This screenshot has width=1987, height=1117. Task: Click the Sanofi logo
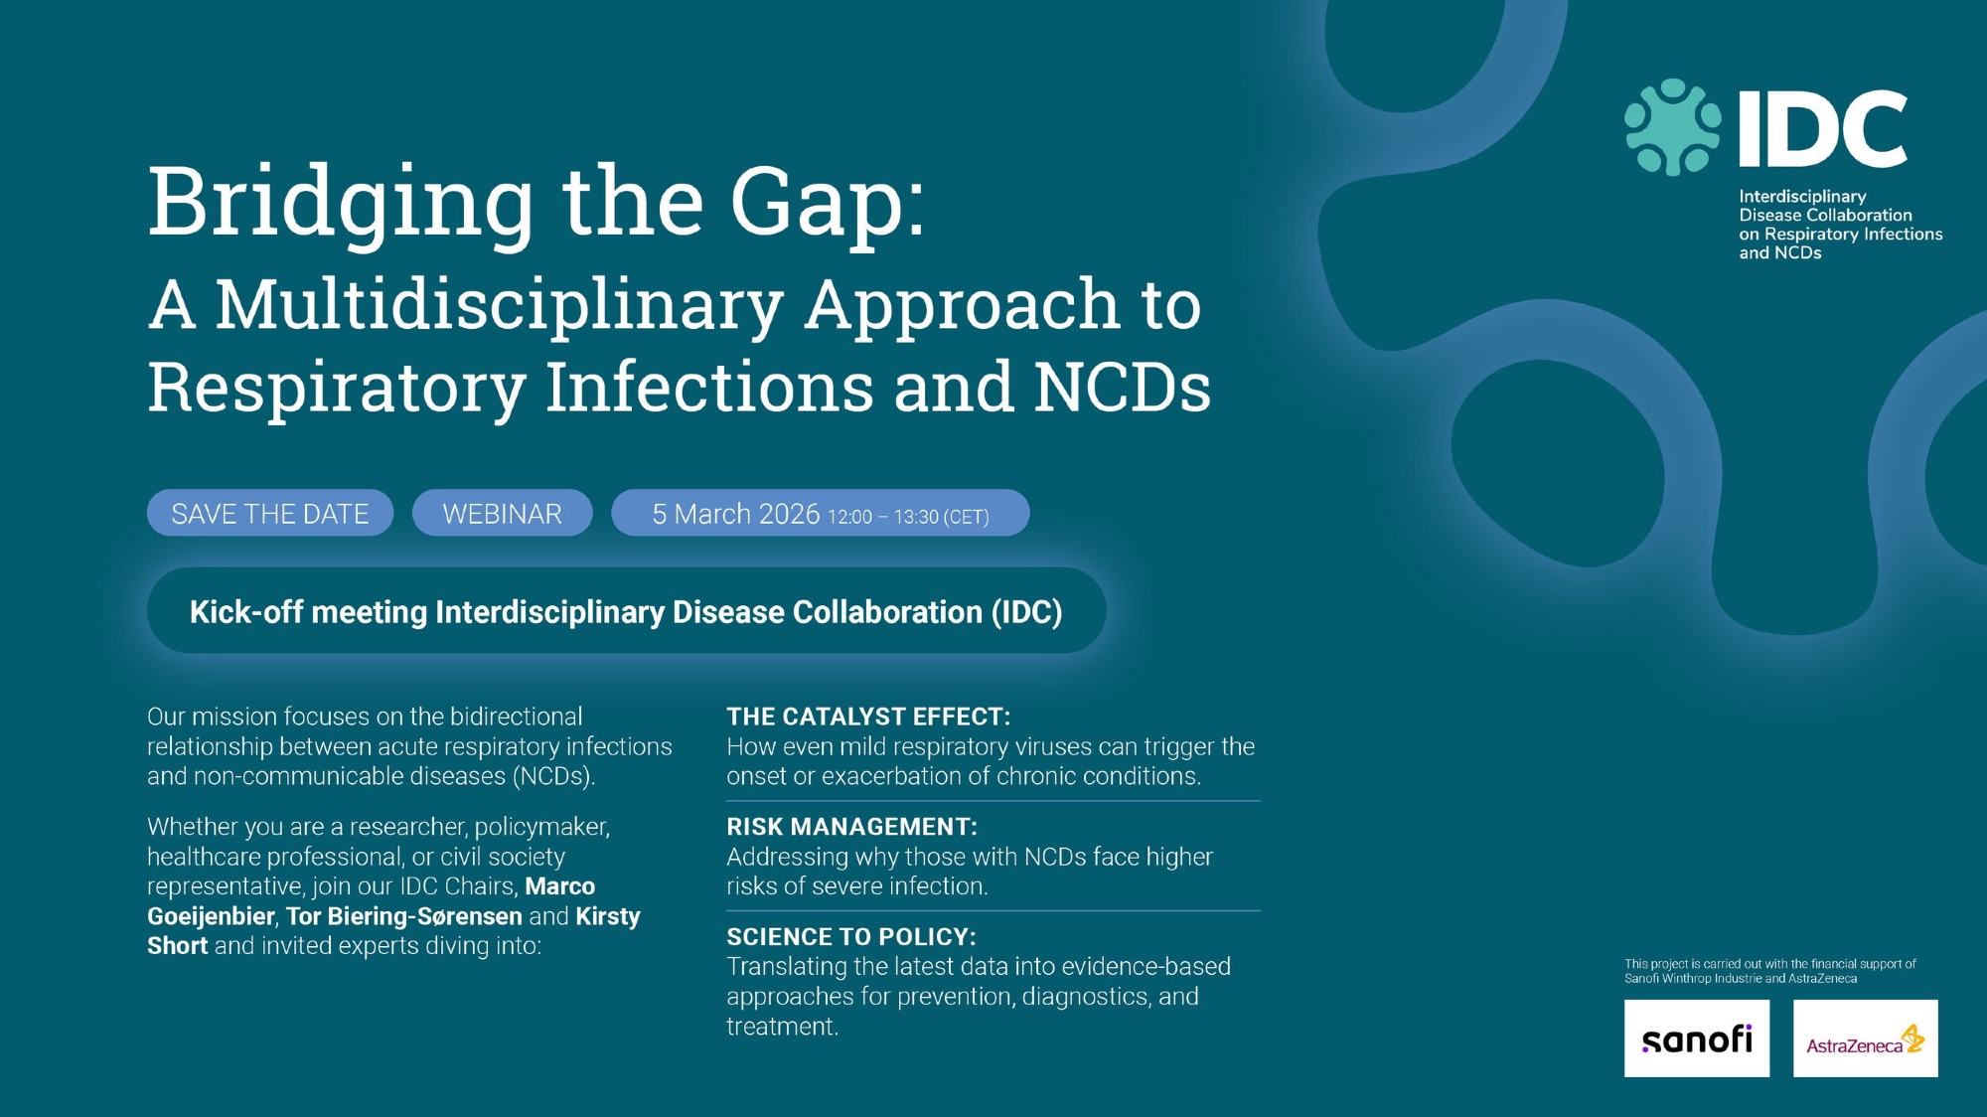1697,1038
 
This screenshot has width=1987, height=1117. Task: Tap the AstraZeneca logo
1866,1038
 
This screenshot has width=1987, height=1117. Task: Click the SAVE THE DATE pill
270,513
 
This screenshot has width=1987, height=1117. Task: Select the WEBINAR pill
503,513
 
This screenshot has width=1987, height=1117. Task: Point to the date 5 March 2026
736,514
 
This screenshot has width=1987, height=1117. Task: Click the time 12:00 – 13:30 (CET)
908,517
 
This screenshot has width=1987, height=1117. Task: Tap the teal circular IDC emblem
1673,127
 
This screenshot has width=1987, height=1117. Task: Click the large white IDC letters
1823,128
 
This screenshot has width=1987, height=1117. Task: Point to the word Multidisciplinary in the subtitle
500,306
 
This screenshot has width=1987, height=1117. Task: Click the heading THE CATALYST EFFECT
868,717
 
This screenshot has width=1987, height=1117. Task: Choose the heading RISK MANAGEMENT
852,827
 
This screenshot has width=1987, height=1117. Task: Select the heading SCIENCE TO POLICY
851,937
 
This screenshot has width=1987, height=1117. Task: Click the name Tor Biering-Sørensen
404,916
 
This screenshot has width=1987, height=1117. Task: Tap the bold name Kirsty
608,916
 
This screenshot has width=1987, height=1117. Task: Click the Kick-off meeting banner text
626,612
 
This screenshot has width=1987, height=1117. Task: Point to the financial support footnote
1770,971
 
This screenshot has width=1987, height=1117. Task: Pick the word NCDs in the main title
1123,388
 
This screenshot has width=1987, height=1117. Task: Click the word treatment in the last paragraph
783,1027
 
